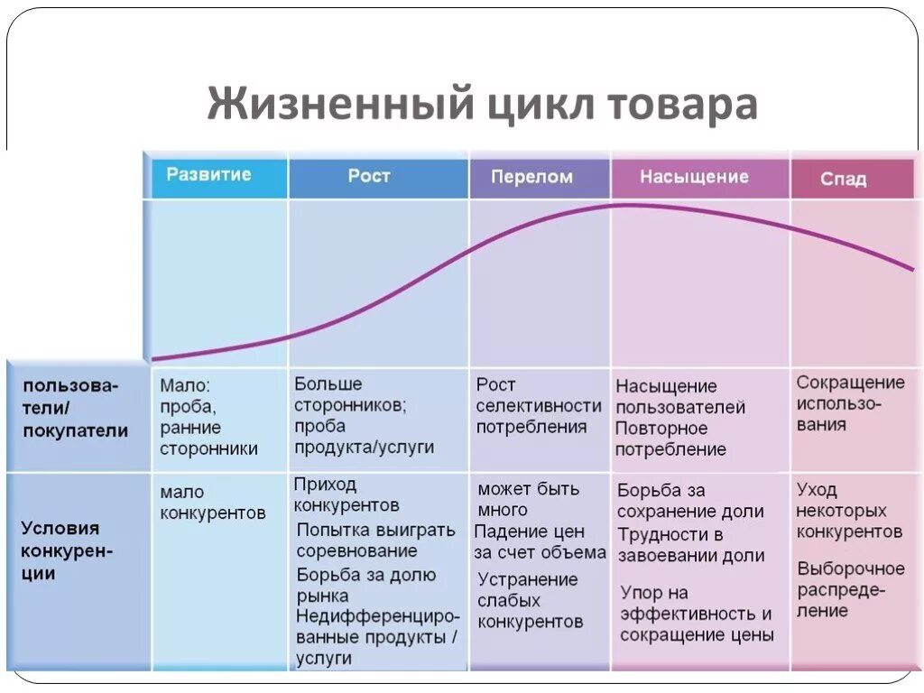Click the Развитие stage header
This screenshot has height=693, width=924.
point(208,175)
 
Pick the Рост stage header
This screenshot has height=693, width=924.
point(369,176)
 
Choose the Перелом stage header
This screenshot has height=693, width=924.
point(531,177)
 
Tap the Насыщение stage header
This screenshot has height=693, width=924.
point(694,177)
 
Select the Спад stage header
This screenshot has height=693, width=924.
point(843,179)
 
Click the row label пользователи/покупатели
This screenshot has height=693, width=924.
point(76,409)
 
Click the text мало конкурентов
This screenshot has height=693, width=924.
point(213,503)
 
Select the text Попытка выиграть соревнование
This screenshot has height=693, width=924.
point(375,540)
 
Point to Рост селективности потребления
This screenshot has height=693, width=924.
point(538,406)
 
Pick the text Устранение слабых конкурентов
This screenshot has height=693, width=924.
point(530,600)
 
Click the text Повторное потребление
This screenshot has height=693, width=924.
point(670,438)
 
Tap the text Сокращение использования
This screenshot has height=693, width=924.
point(849,403)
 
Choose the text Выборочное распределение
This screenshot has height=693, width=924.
point(849,589)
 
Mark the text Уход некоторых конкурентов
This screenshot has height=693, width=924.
point(848,511)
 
